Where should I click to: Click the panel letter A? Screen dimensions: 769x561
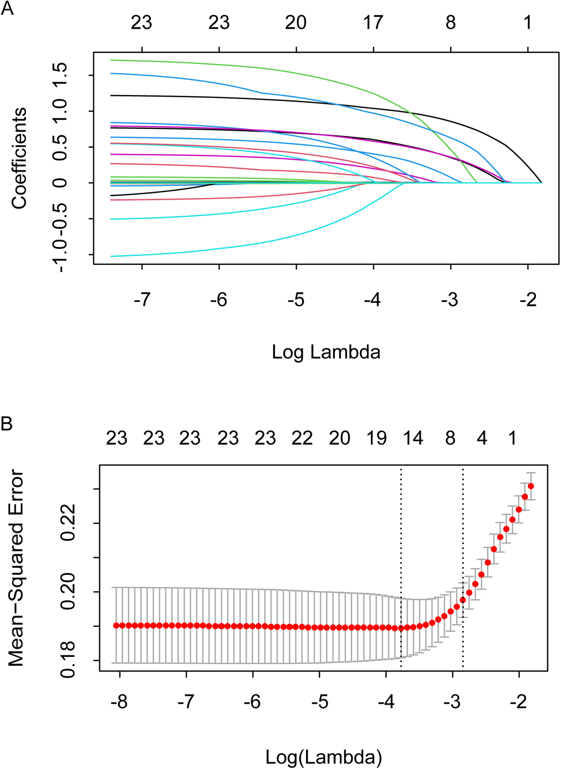click(x=7, y=8)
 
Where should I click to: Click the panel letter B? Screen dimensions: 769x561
click(x=7, y=424)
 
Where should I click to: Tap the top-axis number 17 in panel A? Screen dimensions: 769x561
click(x=373, y=23)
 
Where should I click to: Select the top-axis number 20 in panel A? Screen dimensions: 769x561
click(x=296, y=23)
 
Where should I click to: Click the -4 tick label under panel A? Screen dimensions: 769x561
click(x=372, y=300)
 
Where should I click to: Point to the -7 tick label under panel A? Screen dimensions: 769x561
click(x=142, y=300)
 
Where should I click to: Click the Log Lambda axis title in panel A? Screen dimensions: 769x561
click(x=326, y=352)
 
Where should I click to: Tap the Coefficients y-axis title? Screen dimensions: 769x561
click(x=19, y=158)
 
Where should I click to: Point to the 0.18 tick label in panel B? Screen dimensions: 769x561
click(x=68, y=660)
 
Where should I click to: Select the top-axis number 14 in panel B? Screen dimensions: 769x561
click(x=413, y=438)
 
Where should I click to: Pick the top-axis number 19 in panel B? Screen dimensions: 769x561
click(x=376, y=438)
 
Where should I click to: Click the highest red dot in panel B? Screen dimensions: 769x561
click(x=531, y=486)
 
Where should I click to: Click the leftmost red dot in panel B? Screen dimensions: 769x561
click(x=116, y=626)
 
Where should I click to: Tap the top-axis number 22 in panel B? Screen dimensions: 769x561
click(x=302, y=438)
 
